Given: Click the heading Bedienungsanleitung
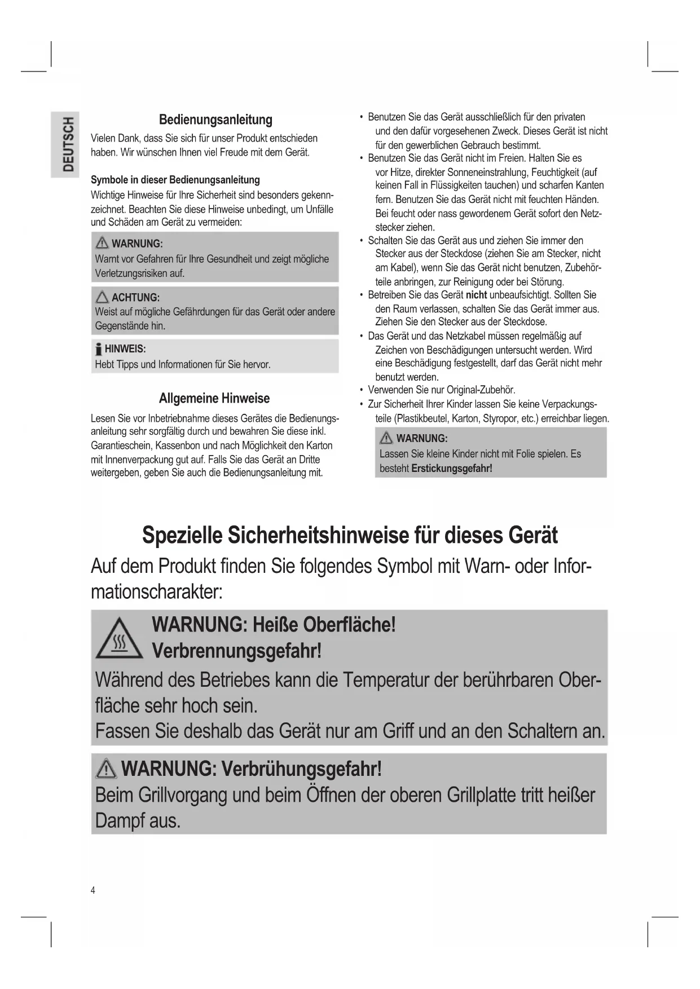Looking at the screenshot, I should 215,120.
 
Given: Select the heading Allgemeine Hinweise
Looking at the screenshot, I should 214,398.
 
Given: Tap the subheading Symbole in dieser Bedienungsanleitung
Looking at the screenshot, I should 175,180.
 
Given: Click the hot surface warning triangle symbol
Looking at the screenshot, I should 119,638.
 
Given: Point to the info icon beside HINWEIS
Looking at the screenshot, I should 99,349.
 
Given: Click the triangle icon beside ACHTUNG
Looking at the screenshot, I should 102,297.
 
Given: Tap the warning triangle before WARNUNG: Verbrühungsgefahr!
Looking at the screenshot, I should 107,769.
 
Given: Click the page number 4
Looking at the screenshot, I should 93,890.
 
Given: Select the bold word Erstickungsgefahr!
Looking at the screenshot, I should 452,468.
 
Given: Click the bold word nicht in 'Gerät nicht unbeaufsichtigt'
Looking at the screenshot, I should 476,295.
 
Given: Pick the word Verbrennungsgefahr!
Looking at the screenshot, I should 237,651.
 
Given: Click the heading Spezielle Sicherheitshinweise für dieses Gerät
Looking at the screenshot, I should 350,535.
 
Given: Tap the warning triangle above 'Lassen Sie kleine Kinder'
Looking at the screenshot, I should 386,438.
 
